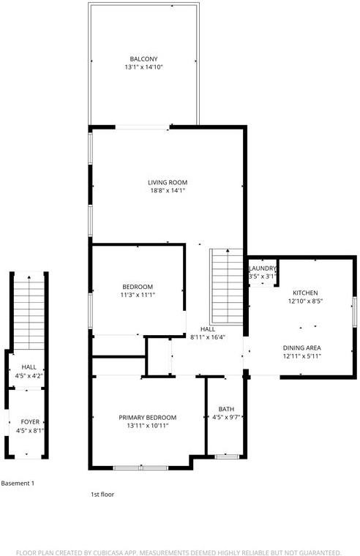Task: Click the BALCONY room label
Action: (143, 59)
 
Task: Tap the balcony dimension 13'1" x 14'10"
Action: (143, 67)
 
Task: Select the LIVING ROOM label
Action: (168, 182)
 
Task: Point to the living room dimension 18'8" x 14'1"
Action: (168, 191)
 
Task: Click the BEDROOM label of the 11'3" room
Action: (137, 286)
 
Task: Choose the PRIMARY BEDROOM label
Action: (147, 417)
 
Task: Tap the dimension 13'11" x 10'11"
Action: (147, 426)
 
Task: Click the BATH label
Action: (225, 409)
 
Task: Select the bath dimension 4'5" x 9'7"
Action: (225, 418)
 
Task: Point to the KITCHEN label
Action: (305, 292)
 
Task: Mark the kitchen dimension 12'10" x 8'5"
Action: (305, 301)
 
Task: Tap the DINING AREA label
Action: (302, 347)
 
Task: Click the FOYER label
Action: (29, 422)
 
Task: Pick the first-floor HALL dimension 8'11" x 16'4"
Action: (207, 337)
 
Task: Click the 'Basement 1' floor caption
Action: (18, 484)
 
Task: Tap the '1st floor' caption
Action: (102, 495)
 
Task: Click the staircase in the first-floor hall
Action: (226, 285)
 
